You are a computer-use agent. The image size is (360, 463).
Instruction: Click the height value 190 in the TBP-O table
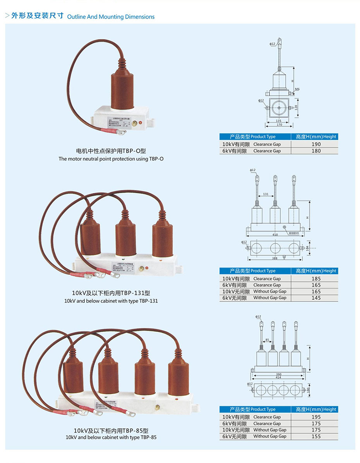(x=316, y=144)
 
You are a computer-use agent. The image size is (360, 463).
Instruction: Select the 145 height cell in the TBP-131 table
(x=316, y=298)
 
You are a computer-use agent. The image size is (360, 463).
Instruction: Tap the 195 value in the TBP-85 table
(x=316, y=417)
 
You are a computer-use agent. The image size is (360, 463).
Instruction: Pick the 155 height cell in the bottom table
(x=316, y=436)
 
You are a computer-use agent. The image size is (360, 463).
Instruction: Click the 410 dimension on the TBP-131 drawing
(x=275, y=235)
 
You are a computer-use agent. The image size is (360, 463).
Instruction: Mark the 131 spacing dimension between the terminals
(x=265, y=194)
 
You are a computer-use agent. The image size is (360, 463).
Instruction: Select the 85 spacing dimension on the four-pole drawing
(x=267, y=341)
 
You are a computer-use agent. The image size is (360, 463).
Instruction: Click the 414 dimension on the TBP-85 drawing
(x=278, y=377)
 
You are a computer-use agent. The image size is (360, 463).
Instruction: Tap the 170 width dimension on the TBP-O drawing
(x=278, y=125)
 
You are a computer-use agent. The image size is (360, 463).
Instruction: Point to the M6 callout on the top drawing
(x=297, y=89)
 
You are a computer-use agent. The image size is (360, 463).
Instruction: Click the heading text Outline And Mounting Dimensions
(x=111, y=17)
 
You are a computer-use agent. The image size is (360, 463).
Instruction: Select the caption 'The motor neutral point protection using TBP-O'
(x=111, y=159)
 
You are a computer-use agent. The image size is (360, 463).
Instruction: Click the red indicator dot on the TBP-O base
(x=141, y=124)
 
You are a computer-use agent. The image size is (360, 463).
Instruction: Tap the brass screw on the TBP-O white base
(x=135, y=123)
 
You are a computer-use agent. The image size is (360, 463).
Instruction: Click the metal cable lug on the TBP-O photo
(x=122, y=133)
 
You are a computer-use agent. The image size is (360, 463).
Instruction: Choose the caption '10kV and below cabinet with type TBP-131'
(x=111, y=301)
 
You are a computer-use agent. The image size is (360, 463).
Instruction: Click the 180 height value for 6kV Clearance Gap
(x=316, y=151)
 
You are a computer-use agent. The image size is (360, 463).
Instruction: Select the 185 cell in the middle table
(x=316, y=278)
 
